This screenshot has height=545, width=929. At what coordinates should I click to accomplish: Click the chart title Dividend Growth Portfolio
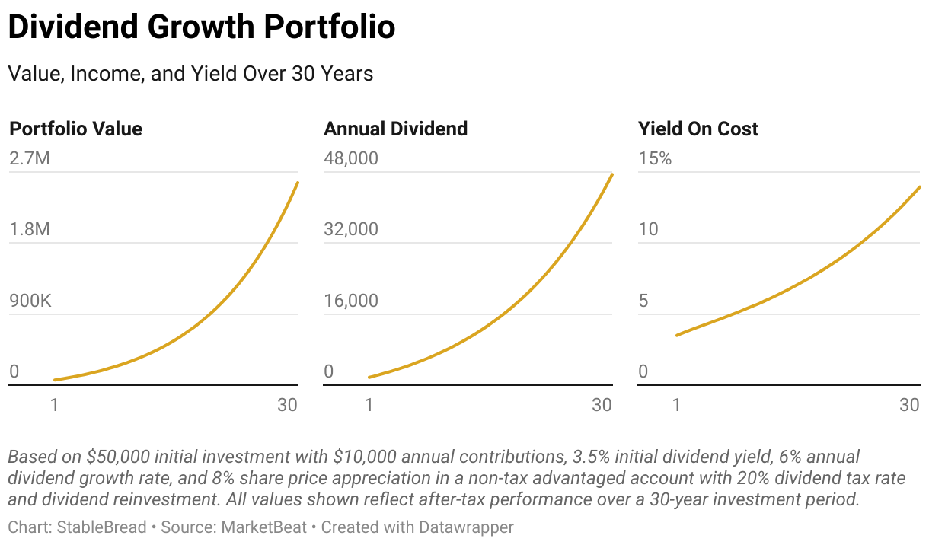[202, 28]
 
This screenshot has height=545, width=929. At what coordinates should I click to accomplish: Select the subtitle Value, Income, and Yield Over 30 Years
[190, 74]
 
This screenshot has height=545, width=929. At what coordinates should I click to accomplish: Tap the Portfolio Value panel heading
[75, 129]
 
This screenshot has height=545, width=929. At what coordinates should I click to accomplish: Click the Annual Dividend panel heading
[395, 129]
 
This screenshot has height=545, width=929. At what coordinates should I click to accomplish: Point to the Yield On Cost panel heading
[698, 129]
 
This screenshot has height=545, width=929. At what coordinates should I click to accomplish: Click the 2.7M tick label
[30, 158]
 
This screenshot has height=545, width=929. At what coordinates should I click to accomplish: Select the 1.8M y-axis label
[30, 229]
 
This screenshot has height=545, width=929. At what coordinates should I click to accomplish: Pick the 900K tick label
[30, 301]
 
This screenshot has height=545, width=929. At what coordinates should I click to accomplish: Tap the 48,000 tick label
[350, 158]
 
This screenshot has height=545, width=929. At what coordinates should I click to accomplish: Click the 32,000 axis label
[350, 229]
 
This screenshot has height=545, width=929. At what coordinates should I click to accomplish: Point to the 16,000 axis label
[350, 301]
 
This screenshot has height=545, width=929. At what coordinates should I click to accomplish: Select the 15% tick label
[655, 158]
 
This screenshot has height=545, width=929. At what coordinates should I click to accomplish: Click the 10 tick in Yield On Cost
[648, 229]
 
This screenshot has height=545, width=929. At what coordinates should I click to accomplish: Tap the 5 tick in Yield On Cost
[643, 301]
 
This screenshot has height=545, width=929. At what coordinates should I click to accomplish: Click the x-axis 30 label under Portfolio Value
[287, 405]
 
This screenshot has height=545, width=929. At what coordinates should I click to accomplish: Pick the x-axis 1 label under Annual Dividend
[369, 405]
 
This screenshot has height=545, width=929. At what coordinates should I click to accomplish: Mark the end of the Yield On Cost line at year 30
[920, 186]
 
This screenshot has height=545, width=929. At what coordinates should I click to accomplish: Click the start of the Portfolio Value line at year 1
[54, 380]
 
